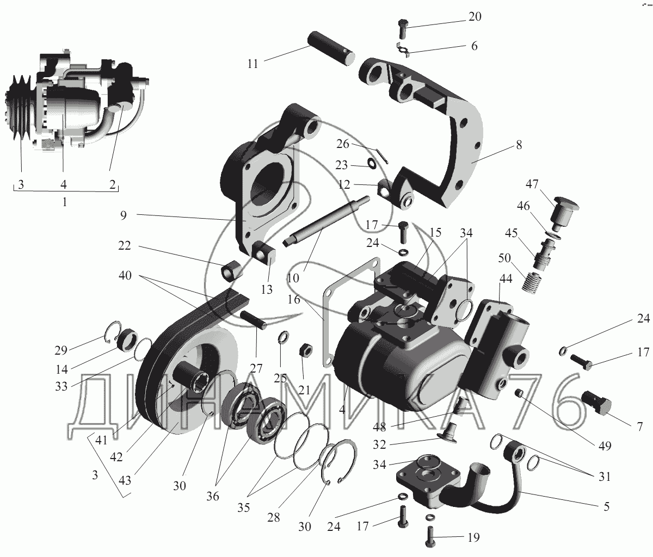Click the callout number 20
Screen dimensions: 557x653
[475, 17]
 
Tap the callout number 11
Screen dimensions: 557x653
[252, 64]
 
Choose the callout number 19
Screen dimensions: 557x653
[473, 538]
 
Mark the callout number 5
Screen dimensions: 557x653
[606, 507]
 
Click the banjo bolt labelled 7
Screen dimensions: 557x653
[599, 400]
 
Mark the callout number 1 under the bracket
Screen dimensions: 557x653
[65, 203]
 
